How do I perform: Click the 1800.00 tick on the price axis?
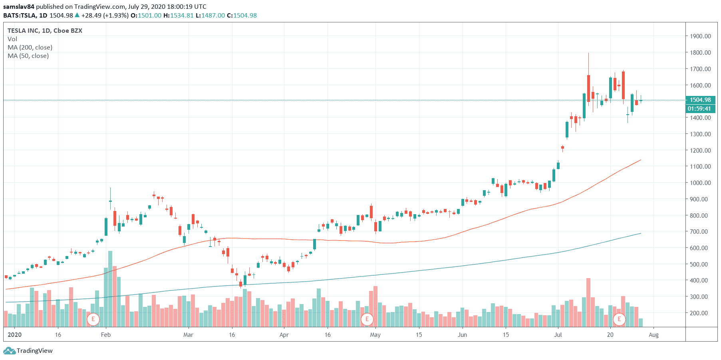(700, 52)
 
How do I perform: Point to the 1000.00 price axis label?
(700, 183)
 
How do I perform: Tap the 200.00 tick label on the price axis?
(700, 313)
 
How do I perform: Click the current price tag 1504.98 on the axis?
(700, 100)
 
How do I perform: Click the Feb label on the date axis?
(106, 334)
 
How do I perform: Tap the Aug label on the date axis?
(653, 334)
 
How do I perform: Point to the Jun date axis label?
(462, 334)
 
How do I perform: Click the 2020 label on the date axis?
(15, 334)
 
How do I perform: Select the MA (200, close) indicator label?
(30, 47)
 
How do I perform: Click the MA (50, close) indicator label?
(28, 56)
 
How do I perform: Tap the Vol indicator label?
(12, 39)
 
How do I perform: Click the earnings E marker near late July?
(619, 319)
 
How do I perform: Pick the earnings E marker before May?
(367, 319)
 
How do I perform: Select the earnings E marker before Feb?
(93, 319)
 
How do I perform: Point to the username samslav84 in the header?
(19, 6)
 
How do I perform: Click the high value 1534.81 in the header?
(182, 15)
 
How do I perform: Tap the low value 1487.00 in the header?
(213, 15)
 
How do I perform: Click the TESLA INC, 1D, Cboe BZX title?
(45, 30)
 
